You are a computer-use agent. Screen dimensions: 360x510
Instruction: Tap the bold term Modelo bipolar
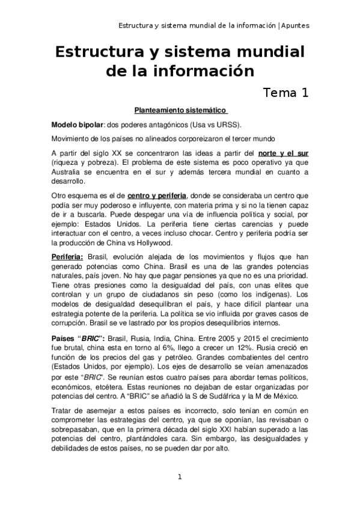(78, 124)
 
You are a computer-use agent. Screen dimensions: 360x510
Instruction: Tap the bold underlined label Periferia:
(67, 257)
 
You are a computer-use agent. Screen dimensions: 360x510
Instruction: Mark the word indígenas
(264, 296)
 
